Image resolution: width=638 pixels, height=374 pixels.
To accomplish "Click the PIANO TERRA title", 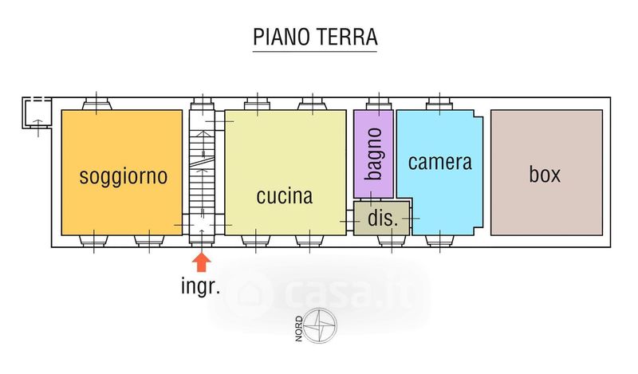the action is pyautogui.click(x=315, y=37).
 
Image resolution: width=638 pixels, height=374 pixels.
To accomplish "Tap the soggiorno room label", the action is pyautogui.click(x=124, y=176).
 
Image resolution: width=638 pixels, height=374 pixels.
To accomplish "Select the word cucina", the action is pyautogui.click(x=285, y=195).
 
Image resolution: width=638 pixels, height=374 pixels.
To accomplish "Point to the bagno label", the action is pyautogui.click(x=373, y=154).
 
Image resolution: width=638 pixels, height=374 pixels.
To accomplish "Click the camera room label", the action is pyautogui.click(x=440, y=162).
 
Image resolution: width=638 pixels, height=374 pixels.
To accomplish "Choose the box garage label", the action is pyautogui.click(x=545, y=174).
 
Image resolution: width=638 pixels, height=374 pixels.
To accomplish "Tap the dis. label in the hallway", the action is pyautogui.click(x=383, y=218).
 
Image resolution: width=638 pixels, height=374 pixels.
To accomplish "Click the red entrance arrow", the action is pyautogui.click(x=202, y=262).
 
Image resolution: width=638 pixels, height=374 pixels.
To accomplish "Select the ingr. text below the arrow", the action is pyautogui.click(x=201, y=286).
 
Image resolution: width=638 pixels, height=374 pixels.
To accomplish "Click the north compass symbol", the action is pyautogui.click(x=321, y=325).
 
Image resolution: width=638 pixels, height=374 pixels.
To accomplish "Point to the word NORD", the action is pyautogui.click(x=299, y=329).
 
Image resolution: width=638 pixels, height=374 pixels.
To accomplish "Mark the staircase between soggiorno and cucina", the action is pyautogui.click(x=203, y=171).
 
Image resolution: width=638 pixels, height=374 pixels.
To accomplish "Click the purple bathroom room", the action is pyautogui.click(x=373, y=154).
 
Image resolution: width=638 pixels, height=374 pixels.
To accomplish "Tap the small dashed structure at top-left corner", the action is pyautogui.click(x=37, y=112).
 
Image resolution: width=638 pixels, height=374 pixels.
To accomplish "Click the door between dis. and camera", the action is pyautogui.click(x=412, y=218).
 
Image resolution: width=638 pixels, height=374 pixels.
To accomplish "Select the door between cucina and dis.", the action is pyautogui.click(x=349, y=221).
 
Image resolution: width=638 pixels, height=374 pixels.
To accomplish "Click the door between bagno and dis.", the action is pyautogui.click(x=372, y=199).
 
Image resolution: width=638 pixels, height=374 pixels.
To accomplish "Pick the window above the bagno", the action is pyautogui.click(x=380, y=104).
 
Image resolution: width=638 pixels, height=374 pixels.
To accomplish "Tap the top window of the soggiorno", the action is pyautogui.click(x=96, y=104).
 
